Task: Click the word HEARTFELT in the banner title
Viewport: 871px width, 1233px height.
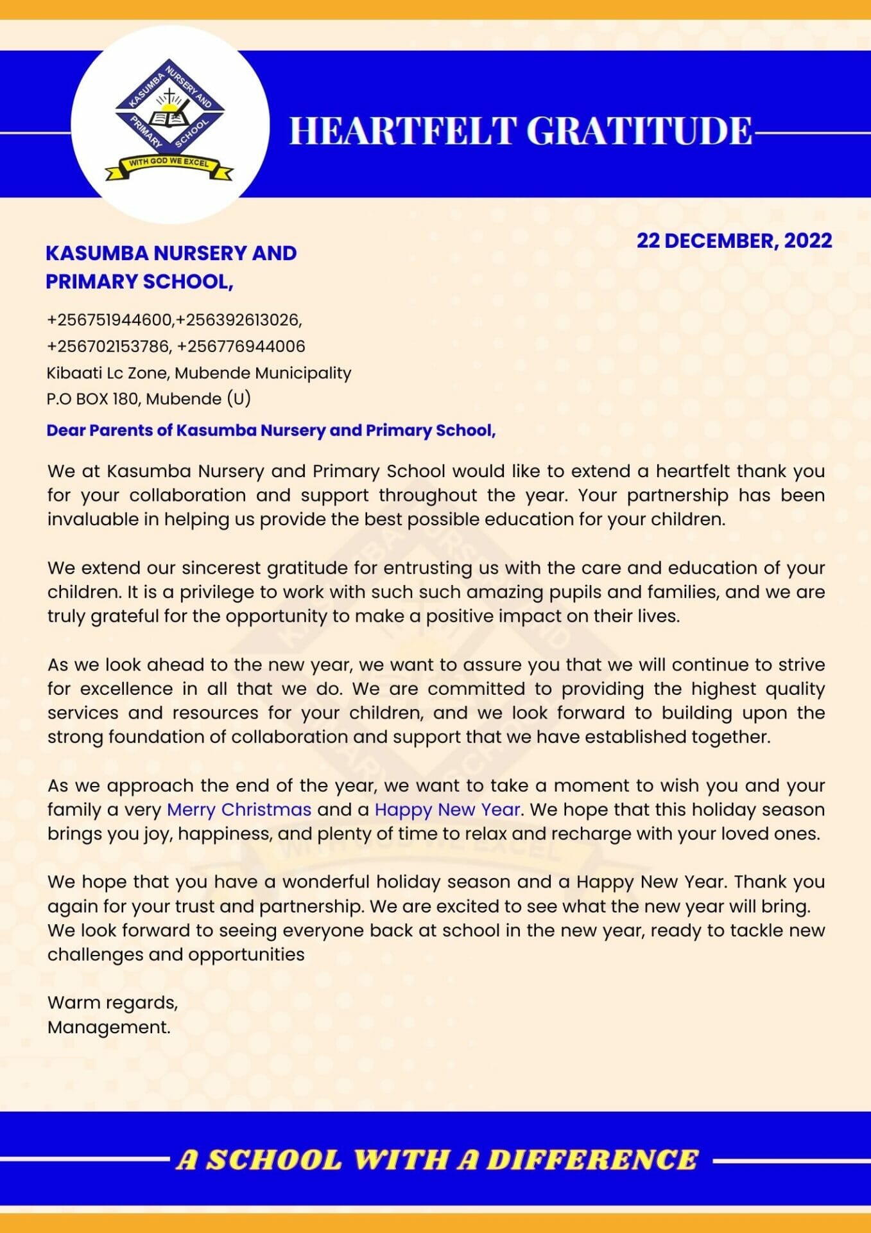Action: click(x=403, y=130)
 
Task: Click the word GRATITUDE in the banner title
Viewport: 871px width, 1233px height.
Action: click(x=639, y=130)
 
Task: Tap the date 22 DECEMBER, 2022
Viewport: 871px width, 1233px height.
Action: click(x=734, y=241)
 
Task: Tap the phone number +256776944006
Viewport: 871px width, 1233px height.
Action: click(x=241, y=346)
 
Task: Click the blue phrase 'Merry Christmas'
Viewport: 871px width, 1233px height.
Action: click(x=239, y=809)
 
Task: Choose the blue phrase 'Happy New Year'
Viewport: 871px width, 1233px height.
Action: click(x=447, y=809)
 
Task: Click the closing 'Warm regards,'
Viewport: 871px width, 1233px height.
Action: click(x=112, y=1002)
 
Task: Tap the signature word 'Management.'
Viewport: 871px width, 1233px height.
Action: click(x=109, y=1027)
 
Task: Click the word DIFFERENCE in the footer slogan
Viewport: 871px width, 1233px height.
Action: click(x=592, y=1159)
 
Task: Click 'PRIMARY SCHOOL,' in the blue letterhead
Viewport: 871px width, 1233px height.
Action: click(x=139, y=281)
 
